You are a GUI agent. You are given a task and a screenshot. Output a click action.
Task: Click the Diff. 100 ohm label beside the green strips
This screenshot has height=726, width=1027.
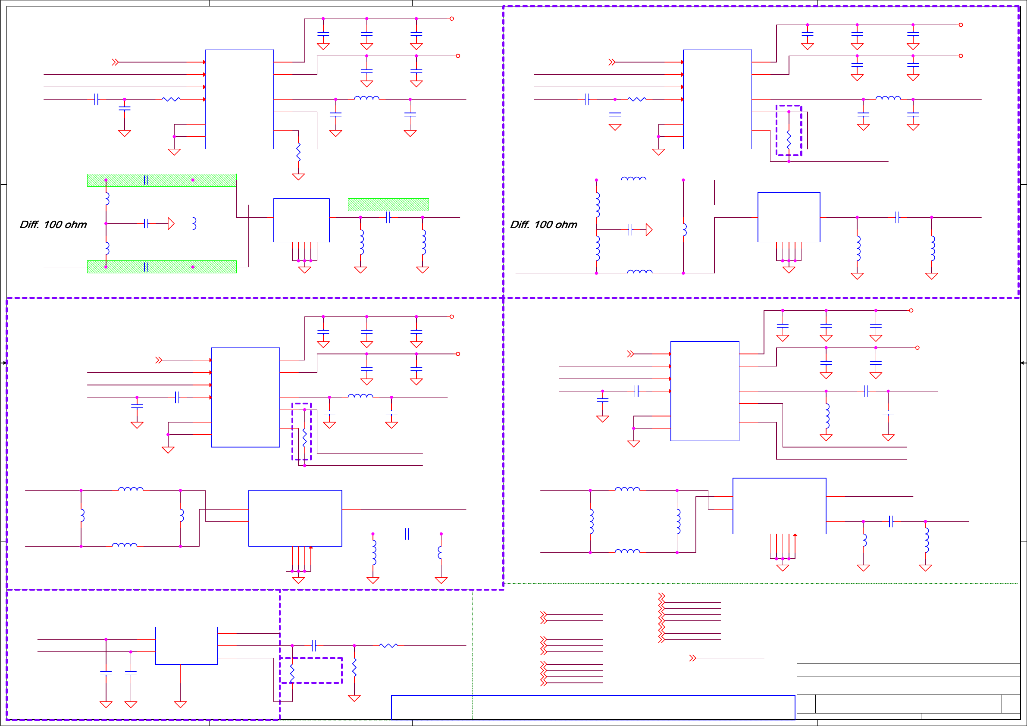53,225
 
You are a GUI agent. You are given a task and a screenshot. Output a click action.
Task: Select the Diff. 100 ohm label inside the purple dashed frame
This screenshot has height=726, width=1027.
544,225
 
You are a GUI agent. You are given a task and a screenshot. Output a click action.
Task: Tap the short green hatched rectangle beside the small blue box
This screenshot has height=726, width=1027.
388,205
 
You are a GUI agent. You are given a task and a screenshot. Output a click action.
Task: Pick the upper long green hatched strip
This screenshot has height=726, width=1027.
162,180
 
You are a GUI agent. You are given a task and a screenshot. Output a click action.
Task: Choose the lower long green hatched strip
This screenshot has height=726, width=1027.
162,266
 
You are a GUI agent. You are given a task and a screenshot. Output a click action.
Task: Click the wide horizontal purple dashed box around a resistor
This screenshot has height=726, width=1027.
311,670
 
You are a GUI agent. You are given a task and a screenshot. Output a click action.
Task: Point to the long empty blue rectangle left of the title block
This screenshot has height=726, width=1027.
593,707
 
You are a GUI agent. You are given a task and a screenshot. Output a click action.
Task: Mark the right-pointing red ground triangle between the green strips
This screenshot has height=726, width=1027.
171,223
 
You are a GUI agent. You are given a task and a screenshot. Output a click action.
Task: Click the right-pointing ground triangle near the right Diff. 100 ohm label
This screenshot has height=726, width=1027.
649,230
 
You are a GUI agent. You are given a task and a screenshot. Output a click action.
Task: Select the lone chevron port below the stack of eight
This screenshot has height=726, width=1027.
692,658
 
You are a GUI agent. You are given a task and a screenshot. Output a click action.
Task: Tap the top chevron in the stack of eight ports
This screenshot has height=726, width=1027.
661,596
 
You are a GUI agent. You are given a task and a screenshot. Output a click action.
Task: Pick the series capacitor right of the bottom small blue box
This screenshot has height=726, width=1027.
314,645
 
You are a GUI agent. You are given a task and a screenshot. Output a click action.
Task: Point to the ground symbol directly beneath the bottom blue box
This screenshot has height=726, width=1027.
180,704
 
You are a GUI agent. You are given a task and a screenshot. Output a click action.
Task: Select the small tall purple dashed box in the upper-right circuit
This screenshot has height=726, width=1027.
789,131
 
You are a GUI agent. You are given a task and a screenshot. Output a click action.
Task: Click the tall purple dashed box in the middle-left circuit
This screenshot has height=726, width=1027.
301,431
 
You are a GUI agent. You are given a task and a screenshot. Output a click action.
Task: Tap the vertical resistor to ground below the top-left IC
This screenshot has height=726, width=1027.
298,152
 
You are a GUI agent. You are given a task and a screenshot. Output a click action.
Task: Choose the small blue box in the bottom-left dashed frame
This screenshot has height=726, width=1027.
187,645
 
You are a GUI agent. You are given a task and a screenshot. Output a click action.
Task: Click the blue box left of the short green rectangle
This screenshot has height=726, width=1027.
301,220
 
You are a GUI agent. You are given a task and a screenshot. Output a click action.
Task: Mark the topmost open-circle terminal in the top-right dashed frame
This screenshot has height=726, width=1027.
961,25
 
